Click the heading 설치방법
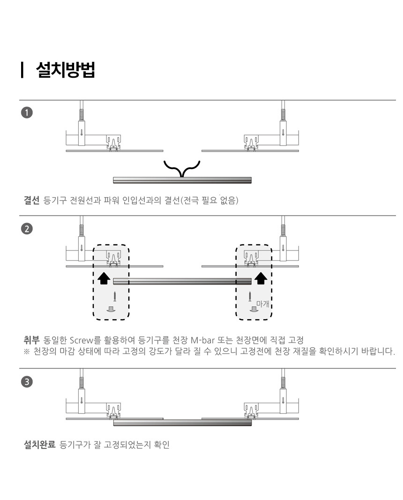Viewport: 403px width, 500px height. (66, 69)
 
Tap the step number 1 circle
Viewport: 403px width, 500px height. (27, 112)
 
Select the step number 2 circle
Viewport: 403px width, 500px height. (27, 228)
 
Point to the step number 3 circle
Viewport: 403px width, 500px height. (27, 382)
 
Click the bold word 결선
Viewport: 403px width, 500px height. (31, 200)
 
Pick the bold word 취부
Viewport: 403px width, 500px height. (31, 340)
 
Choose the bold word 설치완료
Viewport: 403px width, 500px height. (39, 444)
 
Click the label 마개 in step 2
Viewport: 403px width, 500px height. (262, 304)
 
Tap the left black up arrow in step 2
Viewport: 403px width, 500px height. (104, 279)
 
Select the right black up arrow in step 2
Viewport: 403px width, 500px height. (261, 279)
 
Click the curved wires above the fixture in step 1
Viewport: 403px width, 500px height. (182, 169)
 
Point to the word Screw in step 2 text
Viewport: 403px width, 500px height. (81, 340)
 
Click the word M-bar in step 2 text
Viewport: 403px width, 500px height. (202, 340)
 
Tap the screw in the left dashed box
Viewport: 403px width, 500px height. (114, 296)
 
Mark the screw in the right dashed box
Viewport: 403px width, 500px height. (250, 296)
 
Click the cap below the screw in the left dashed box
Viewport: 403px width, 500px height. (111, 309)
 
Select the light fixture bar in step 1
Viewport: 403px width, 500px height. (182, 180)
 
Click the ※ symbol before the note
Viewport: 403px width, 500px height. (27, 352)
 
